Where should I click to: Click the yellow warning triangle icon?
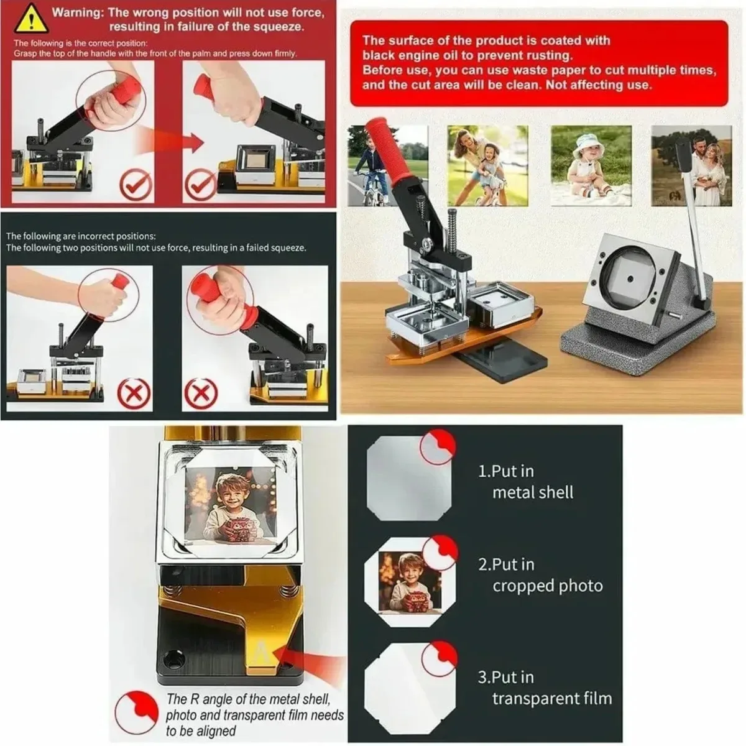[x=31, y=19]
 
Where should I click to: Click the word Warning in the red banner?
[x=78, y=13]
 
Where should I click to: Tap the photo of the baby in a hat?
[x=591, y=165]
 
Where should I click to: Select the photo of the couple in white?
[x=691, y=165]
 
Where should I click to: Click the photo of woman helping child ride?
[x=487, y=165]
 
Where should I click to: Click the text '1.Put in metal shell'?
[x=525, y=482]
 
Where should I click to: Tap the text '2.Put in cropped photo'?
[x=540, y=575]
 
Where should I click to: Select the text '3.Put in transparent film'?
[x=545, y=688]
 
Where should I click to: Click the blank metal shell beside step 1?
[x=409, y=478]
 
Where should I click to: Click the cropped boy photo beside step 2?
[x=410, y=583]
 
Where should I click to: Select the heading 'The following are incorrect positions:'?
[x=81, y=236]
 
